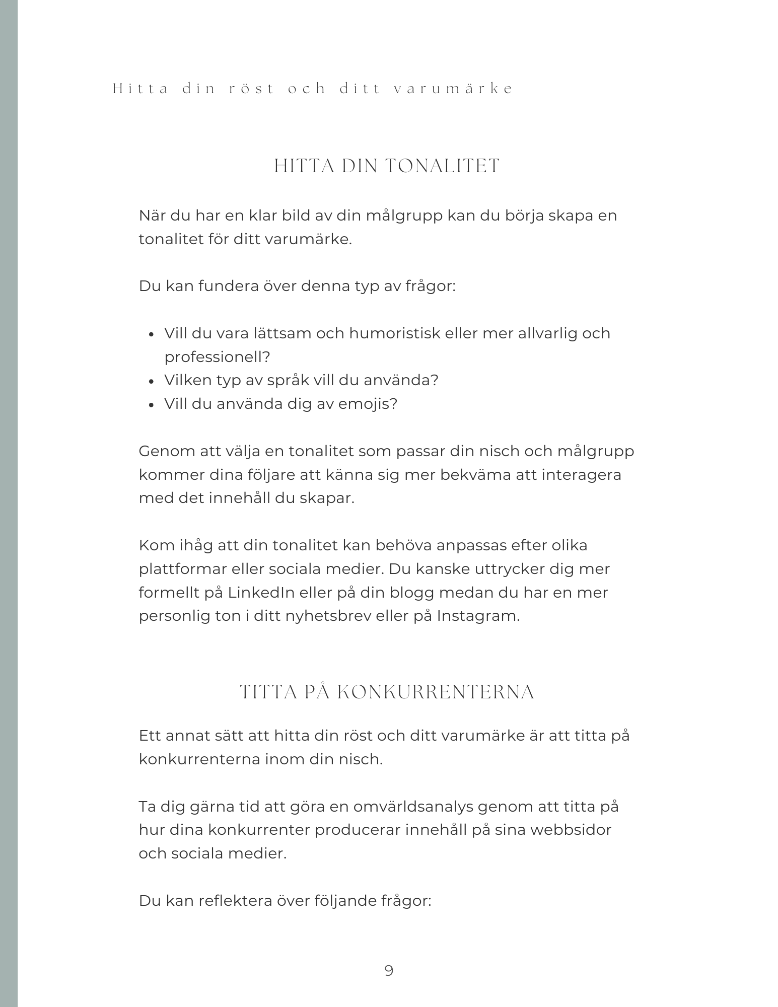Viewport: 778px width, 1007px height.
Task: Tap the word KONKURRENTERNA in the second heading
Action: pos(436,692)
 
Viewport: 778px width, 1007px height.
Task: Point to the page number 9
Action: pos(389,970)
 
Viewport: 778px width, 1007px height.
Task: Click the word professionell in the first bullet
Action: pos(217,357)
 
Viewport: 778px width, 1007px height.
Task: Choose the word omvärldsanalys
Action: pos(413,807)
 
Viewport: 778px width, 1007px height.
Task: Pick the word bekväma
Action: pos(476,475)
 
